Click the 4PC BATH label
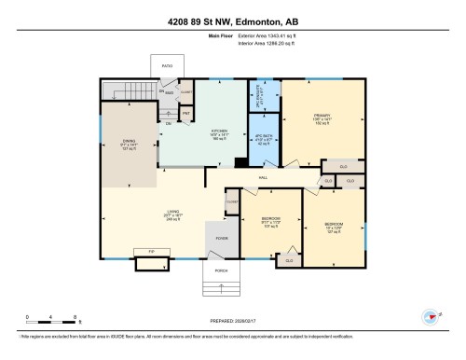point(263,139)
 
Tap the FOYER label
point(222,238)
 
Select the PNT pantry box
point(186,113)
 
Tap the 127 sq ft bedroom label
point(334,227)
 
